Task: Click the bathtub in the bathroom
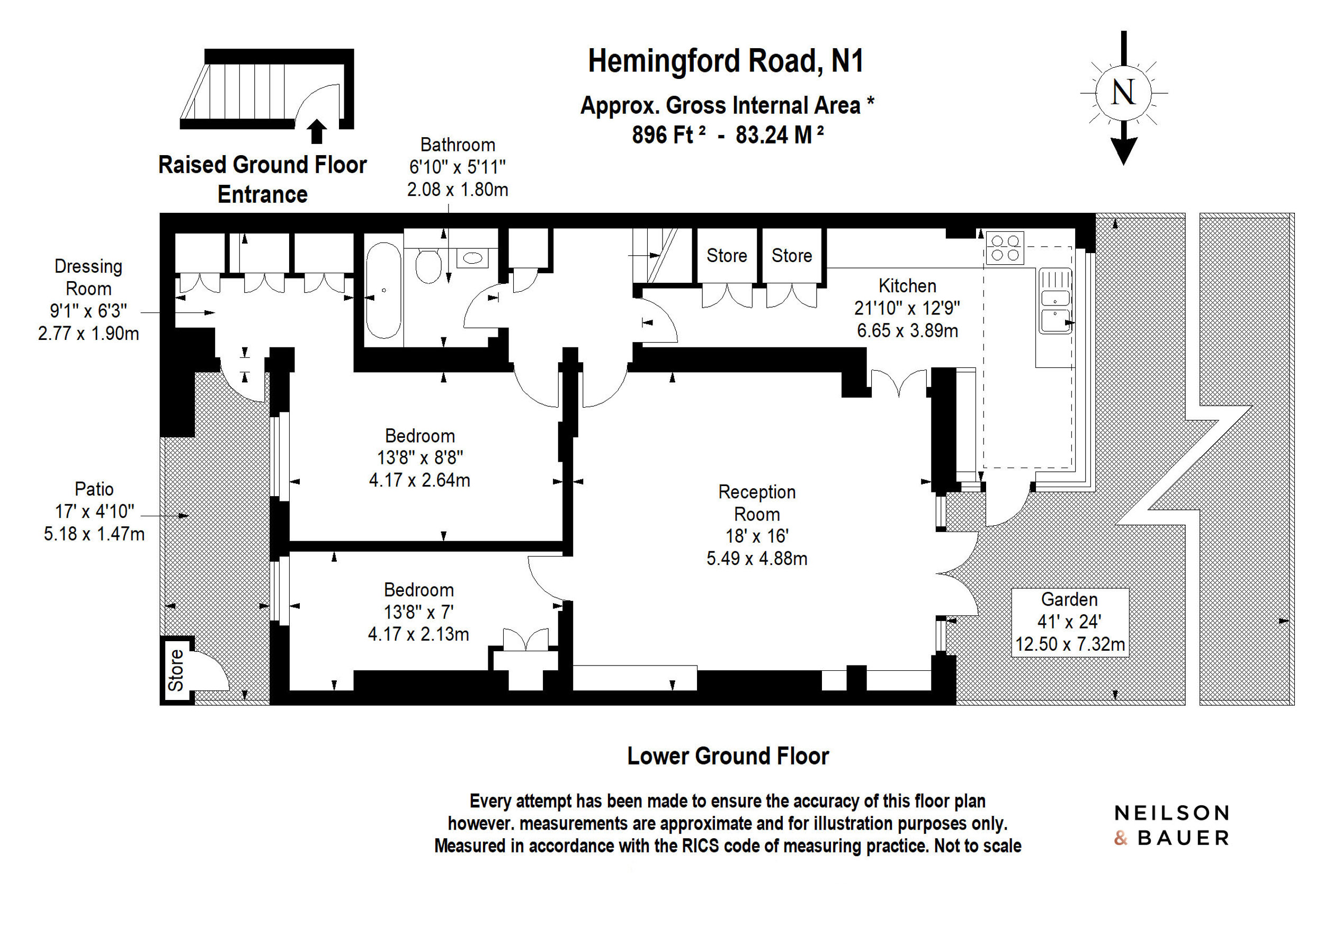coord(383,290)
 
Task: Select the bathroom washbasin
coord(472,258)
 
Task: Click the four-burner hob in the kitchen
coord(1005,248)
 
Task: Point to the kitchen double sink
coord(1055,301)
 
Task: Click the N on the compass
coord(1123,93)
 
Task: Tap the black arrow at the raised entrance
coord(317,131)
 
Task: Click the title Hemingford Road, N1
coord(726,61)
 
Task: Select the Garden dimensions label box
coord(1070,623)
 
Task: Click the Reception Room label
coord(757,503)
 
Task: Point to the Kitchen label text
coord(907,286)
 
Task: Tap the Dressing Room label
coord(88,277)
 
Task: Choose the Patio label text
coord(94,489)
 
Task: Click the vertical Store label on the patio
coord(176,671)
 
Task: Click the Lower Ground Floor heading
coord(728,756)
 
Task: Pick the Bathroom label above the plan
coord(458,145)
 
